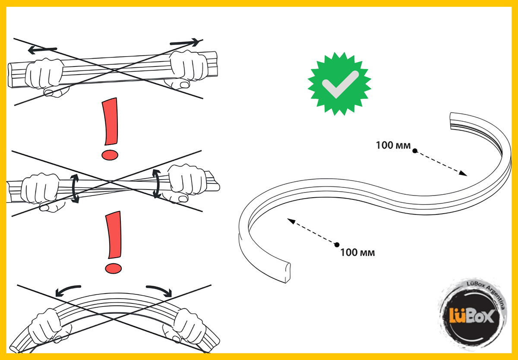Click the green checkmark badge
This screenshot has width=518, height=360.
(339, 84)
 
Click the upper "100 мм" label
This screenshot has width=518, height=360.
(393, 145)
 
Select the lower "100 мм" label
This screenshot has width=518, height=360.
(357, 252)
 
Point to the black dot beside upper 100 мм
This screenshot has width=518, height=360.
(415, 151)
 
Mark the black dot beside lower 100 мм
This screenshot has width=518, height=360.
(337, 245)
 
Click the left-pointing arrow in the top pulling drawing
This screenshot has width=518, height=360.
(42, 50)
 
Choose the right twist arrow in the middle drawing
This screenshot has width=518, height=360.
(157, 183)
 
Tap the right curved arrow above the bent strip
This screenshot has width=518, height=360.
(159, 291)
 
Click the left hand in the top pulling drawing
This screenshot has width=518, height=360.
(46, 76)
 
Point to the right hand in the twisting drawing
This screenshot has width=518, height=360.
(186, 183)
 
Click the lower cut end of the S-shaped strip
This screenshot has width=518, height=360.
(287, 273)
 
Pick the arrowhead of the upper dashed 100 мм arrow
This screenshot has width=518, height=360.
(463, 174)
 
